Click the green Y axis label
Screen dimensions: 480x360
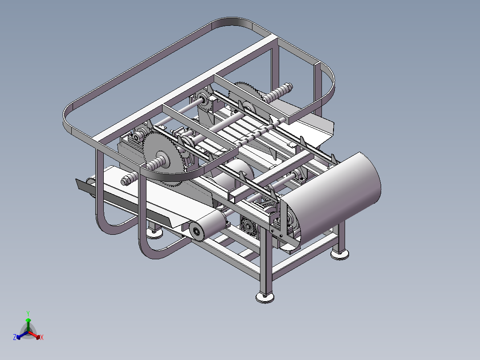pos(28,313)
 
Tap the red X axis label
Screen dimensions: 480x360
pos(42,337)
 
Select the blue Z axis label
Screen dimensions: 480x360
pos(15,337)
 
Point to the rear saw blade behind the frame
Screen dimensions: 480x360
pos(248,91)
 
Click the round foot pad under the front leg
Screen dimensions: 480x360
pos(265,297)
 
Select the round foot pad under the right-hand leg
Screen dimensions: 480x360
pos(340,254)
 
